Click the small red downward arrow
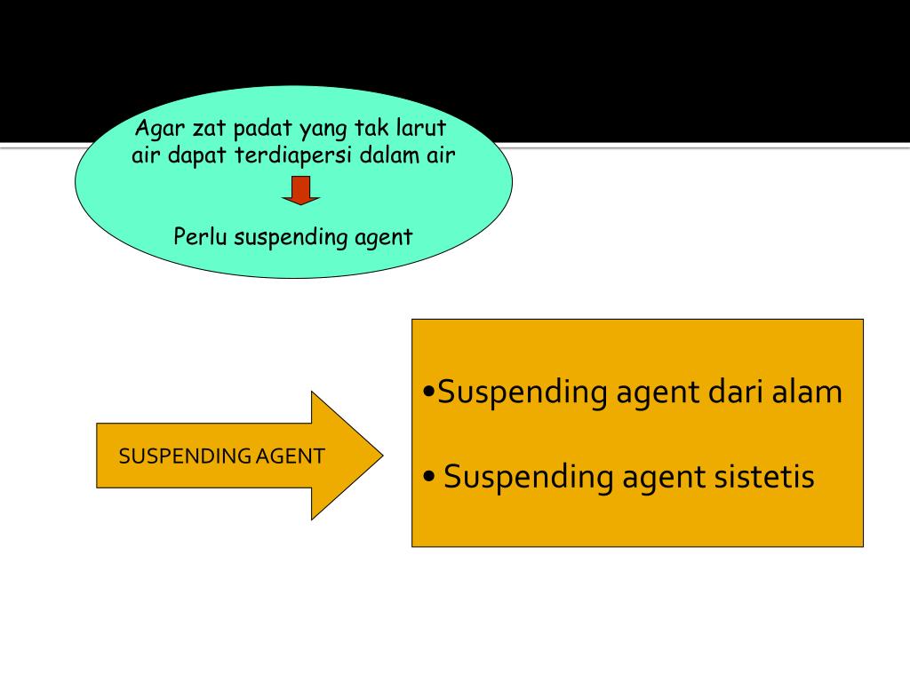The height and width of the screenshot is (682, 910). (301, 189)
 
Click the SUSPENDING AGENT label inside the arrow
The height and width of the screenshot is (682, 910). (221, 456)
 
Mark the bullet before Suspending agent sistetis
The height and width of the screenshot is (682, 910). (430, 478)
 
